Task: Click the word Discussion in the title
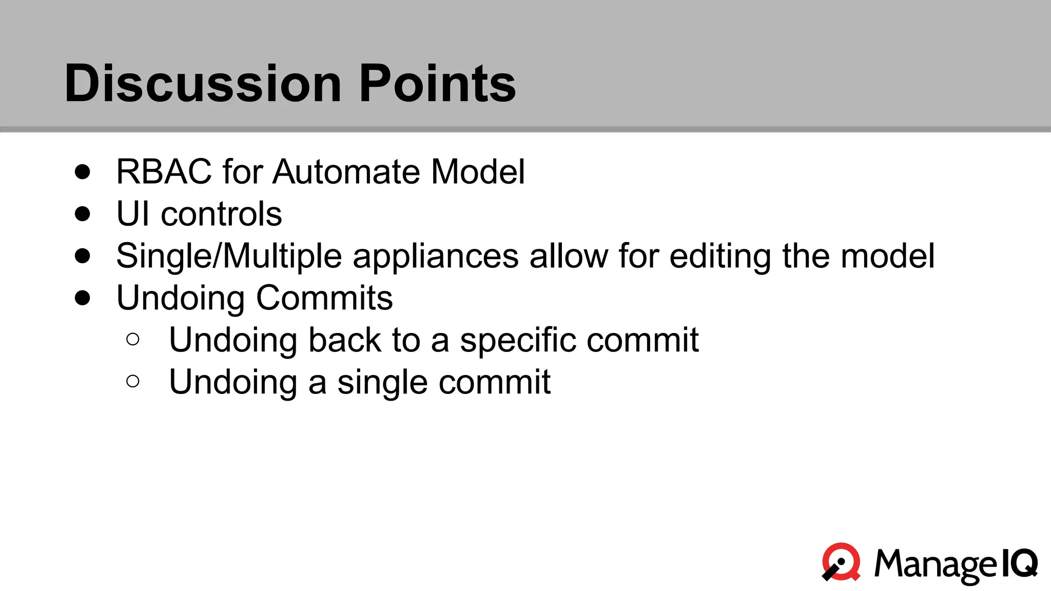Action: [x=203, y=83]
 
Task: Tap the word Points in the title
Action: [x=437, y=83]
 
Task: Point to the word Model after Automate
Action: [x=478, y=171]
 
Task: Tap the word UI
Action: [x=133, y=213]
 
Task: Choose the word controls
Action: [x=221, y=213]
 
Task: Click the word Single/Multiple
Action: [x=229, y=255]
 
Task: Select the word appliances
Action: [x=435, y=257]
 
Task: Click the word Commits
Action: [x=324, y=298]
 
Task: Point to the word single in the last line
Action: [x=382, y=383]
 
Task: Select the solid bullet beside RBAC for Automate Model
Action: [x=83, y=171]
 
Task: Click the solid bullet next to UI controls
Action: [x=83, y=213]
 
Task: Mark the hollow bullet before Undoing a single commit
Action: [x=132, y=381]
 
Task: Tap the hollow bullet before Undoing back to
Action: [x=132, y=339]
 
